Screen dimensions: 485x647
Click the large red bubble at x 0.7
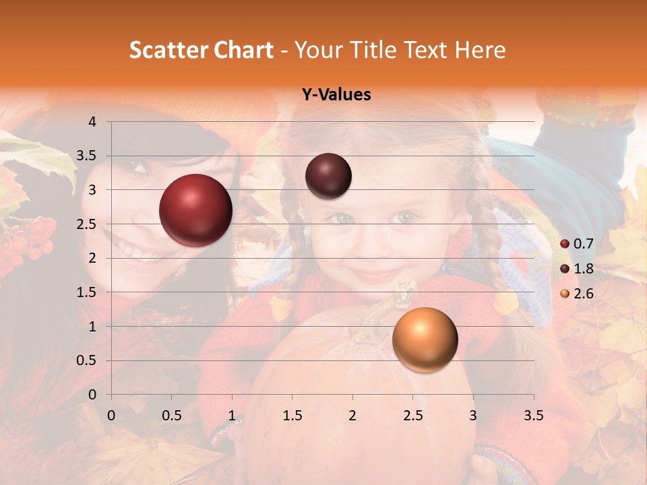[x=195, y=210]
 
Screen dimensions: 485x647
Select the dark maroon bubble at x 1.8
[x=328, y=176]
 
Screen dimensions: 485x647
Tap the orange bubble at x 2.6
[x=425, y=339]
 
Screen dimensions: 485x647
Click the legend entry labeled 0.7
[x=583, y=244]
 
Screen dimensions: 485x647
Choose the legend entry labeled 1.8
[x=583, y=269]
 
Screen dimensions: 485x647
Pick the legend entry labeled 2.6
[x=583, y=294]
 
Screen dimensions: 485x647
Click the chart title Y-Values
[x=336, y=95]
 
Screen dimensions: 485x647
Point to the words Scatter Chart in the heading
[x=201, y=50]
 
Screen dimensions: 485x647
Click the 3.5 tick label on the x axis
[x=533, y=416]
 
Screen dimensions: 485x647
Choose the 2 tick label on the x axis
[x=352, y=416]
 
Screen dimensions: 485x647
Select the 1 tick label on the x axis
[x=232, y=416]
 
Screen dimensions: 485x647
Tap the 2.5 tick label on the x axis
[x=412, y=416]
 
